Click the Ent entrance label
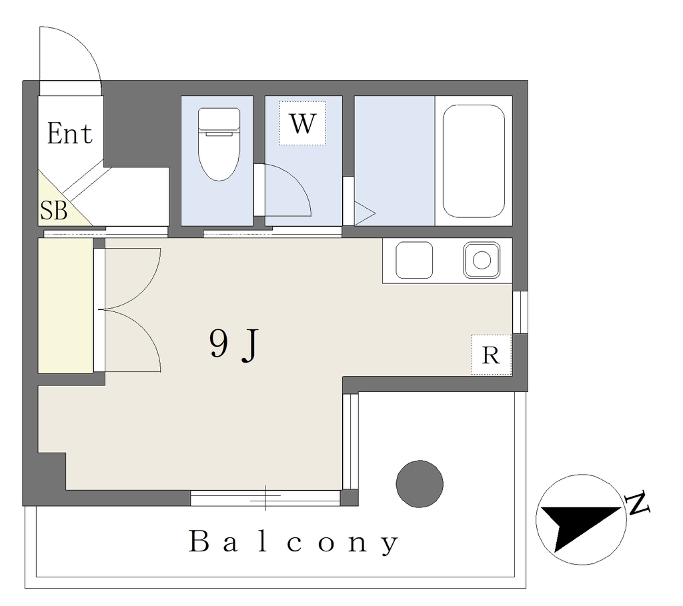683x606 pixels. pos(69,133)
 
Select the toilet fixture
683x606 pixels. pos(219,144)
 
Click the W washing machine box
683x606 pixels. pos(302,123)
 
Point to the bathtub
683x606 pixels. pos(474,161)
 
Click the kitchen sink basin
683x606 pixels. pos(482,261)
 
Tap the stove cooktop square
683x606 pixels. pos(414,261)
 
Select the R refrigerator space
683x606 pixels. pos(491,355)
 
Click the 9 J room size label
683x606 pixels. pos(234,345)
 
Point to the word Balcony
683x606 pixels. pos(293,542)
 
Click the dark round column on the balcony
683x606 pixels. pos(420,484)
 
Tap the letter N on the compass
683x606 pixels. pos(637,503)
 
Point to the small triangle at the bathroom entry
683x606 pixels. pos(364,213)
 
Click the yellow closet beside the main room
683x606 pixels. pos(65,305)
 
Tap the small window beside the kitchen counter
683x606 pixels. pos(520,312)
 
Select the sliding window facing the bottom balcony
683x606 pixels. pos(265,497)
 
